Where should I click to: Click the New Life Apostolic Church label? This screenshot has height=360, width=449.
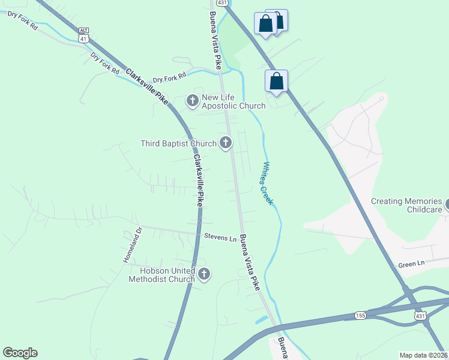233,102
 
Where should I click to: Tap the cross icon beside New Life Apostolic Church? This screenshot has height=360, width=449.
193,100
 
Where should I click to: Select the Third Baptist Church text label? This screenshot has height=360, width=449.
178,143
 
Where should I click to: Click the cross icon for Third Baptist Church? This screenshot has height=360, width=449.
226,142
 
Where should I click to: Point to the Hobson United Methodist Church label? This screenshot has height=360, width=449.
161,275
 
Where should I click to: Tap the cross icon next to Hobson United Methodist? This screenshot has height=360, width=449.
204,274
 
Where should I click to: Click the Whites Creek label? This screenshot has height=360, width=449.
267,183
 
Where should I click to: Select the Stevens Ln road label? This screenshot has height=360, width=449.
220,238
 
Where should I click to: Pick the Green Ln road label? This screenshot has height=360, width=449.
411,264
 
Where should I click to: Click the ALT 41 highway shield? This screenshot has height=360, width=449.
84,34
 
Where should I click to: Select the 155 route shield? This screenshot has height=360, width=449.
360,315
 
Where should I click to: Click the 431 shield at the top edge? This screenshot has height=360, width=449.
222,4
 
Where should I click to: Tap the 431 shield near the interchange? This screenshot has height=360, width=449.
420,315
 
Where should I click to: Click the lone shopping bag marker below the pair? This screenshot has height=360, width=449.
276,81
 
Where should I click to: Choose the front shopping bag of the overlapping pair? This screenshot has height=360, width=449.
265,24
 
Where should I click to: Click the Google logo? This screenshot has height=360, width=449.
20,353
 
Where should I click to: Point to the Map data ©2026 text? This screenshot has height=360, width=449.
423,355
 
